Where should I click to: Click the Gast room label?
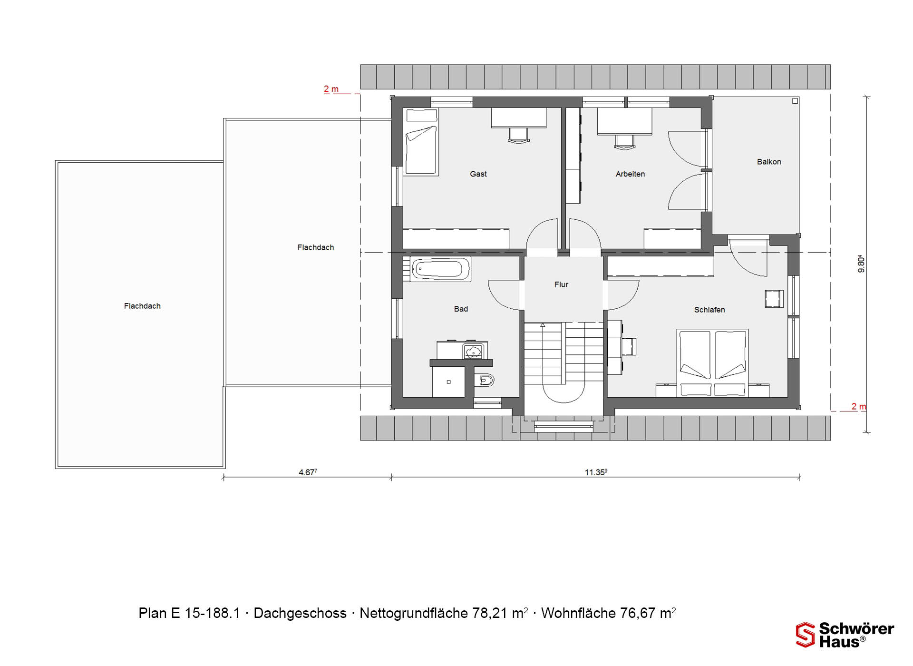[478, 174]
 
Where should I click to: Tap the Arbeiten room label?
[630, 174]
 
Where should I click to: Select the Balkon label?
[769, 162]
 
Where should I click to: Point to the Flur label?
[561, 284]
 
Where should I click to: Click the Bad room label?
[461, 309]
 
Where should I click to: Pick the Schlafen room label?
[709, 310]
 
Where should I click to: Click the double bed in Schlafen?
[712, 363]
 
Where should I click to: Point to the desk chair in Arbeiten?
[624, 142]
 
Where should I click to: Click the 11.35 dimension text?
[596, 472]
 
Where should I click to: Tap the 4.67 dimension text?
[308, 472]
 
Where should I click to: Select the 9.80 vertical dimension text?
[861, 264]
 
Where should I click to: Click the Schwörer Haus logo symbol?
[806, 635]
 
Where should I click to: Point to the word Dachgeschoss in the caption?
[300, 613]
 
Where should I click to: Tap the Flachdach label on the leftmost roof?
[142, 306]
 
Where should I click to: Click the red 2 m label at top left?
[331, 89]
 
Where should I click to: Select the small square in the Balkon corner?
[795, 101]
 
